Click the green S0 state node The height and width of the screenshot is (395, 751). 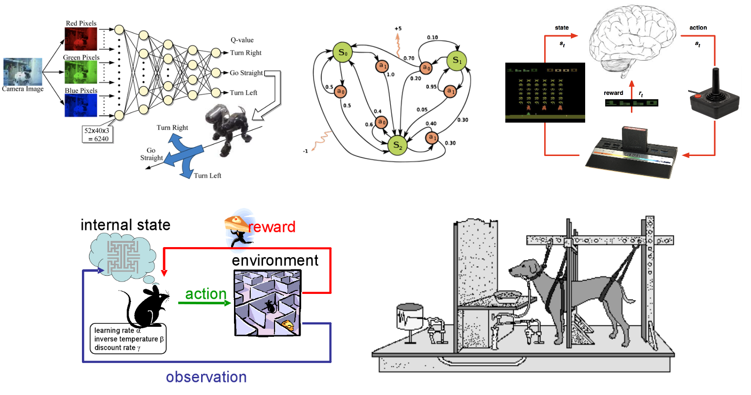[343, 52]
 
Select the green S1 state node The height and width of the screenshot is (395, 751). [457, 61]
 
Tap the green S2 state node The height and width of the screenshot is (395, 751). [397, 146]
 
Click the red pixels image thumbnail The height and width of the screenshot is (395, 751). [81, 39]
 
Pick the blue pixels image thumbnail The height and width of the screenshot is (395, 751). [81, 105]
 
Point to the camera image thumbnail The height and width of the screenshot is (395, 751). [22, 72]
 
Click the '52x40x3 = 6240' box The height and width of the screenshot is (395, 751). [97, 135]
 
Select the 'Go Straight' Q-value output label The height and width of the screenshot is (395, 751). [246, 73]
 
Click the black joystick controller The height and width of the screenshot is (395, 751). [714, 95]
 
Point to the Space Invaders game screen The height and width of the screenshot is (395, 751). [545, 92]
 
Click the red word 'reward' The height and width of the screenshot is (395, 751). [272, 227]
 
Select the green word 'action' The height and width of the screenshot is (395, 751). [205, 294]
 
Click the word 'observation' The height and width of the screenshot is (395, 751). [206, 377]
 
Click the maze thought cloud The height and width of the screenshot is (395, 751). [122, 256]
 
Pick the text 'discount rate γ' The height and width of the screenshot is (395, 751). [117, 348]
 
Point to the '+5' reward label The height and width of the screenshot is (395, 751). [398, 29]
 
